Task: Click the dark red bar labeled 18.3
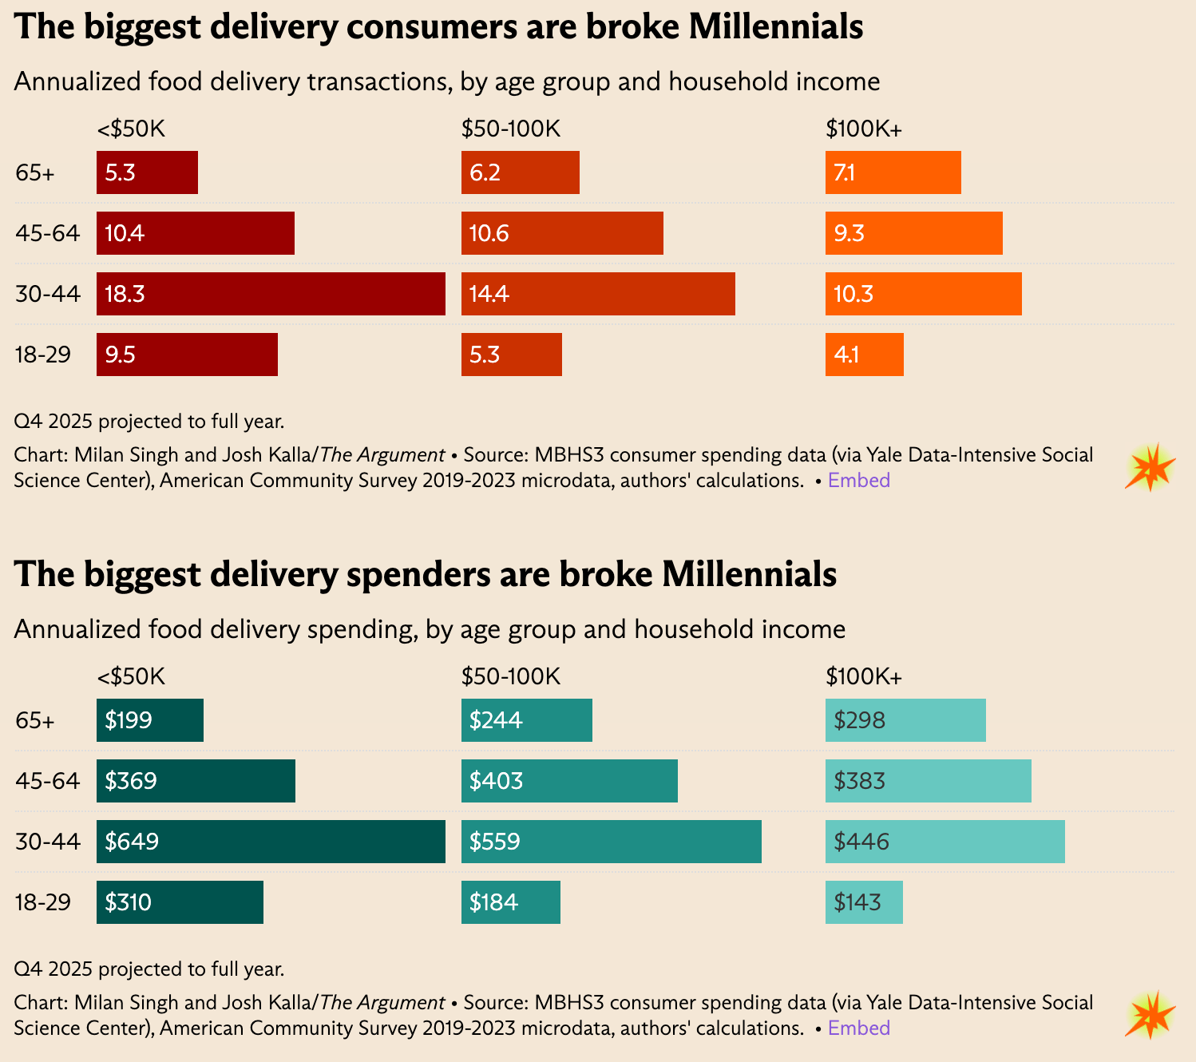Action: click(271, 294)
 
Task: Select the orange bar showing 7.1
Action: click(893, 172)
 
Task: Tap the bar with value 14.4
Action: click(598, 294)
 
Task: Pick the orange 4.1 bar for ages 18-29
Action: click(864, 355)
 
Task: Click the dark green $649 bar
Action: click(271, 842)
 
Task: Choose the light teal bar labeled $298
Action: click(905, 720)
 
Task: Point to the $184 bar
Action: click(510, 902)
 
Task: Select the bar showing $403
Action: click(569, 781)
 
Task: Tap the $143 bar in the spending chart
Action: click(864, 902)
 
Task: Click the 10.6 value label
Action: click(489, 234)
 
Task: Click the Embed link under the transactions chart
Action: click(858, 480)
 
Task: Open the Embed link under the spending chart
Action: click(858, 1028)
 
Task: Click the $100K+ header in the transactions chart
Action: click(863, 129)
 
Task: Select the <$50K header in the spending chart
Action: click(131, 677)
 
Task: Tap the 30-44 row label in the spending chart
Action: click(48, 842)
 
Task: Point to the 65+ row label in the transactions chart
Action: click(35, 172)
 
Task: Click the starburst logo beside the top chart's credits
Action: click(1150, 467)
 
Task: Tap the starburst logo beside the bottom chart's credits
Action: click(1150, 1015)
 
